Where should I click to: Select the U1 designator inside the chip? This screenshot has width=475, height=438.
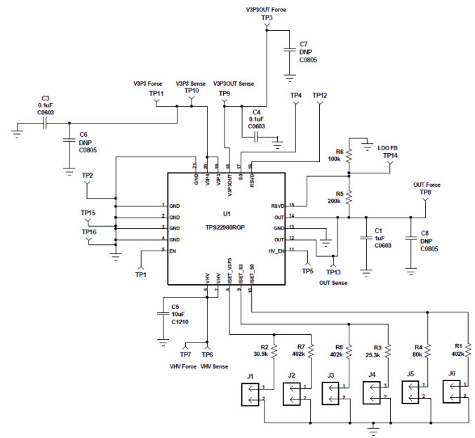pos(226,213)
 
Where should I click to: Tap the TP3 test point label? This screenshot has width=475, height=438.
pos(266,18)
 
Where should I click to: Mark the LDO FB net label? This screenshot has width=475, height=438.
pos(387,147)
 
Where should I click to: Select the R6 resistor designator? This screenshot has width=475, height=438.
pos(339,152)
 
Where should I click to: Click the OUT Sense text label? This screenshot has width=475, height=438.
pos(334,282)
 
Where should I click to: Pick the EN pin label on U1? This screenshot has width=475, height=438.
pos(173,250)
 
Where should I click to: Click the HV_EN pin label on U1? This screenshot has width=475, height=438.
pos(276,250)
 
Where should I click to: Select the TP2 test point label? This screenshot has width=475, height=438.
pos(88,175)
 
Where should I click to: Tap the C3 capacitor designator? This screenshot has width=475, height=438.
pos(46,98)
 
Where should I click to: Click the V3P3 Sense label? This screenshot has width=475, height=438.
pos(191,84)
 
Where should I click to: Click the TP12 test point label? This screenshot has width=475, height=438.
pos(319,95)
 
